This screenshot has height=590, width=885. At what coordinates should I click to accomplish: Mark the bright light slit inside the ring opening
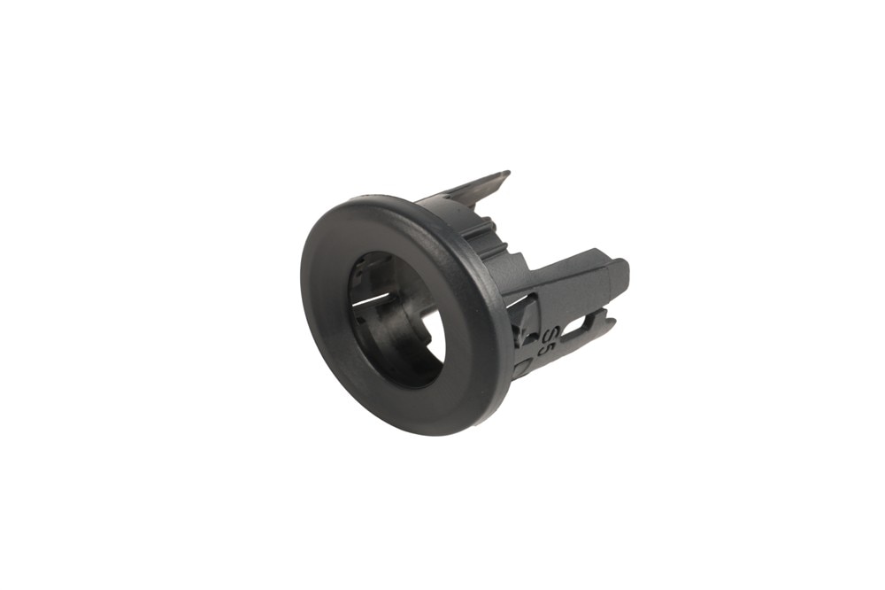[x=371, y=298]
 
